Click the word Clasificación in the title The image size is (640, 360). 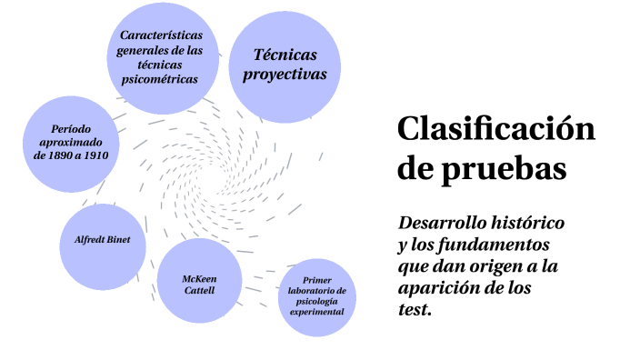point(495,129)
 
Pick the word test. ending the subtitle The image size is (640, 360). point(414,309)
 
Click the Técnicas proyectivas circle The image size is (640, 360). point(284,65)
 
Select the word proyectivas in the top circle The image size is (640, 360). point(284,75)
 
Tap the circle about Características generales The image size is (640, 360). point(159,56)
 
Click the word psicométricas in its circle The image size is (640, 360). point(159,78)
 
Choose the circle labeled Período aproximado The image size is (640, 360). point(71,142)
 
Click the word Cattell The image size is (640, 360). point(199,291)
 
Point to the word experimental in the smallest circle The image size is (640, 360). point(316,312)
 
